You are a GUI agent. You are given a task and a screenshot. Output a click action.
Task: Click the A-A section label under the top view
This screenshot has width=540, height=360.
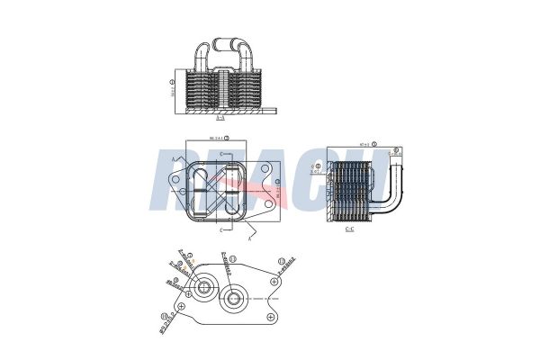[x=220, y=117]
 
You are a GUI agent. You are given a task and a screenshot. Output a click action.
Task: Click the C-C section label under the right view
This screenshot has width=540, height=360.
[x=349, y=229]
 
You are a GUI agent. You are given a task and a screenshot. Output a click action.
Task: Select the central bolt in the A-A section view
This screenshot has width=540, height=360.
[x=221, y=90]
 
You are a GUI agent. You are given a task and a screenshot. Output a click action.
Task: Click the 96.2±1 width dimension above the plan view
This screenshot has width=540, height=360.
[x=217, y=138]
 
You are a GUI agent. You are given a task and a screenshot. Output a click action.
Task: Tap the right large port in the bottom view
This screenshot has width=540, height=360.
[x=233, y=299]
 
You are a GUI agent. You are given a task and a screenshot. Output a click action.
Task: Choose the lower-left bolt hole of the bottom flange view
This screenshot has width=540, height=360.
[x=182, y=307]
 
